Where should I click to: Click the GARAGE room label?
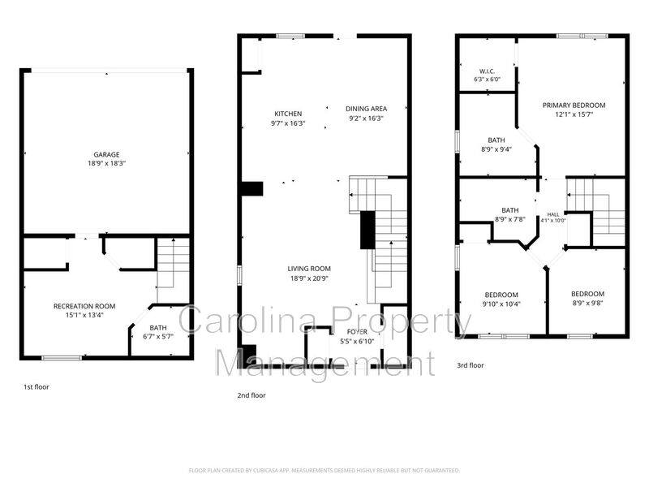[106, 154]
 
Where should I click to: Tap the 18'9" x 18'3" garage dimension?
[106, 164]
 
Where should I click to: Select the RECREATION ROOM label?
[84, 307]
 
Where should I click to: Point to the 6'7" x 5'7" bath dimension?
[158, 337]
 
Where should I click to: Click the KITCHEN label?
[288, 114]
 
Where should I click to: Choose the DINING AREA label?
[367, 109]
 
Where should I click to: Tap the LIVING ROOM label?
[309, 269]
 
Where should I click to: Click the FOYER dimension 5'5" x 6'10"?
[357, 342]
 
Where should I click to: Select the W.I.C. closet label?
[488, 71]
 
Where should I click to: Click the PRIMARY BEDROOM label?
[574, 106]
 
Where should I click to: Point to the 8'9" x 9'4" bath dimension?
[496, 149]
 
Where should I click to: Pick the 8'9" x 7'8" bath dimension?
[510, 219]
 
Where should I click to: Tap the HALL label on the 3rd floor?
[553, 214]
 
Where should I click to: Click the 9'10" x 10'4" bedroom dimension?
[501, 304]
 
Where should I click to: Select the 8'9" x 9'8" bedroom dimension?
[587, 303]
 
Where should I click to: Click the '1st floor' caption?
[36, 387]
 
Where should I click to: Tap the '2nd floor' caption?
[251, 395]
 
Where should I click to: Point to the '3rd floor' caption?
[471, 365]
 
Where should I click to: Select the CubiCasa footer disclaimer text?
[324, 471]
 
